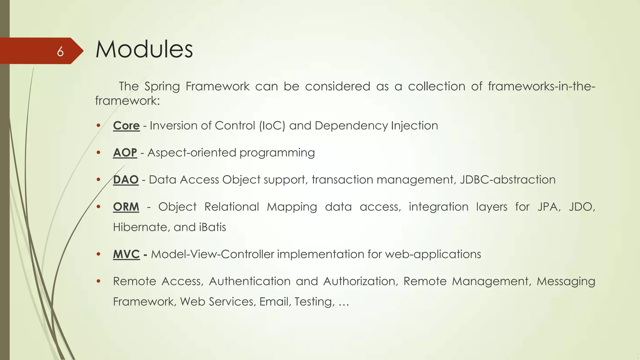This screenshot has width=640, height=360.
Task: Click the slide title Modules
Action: (144, 49)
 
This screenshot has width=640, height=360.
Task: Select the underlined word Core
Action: (126, 126)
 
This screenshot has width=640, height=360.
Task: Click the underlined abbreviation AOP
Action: (125, 153)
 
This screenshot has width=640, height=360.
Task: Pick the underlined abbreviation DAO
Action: (126, 180)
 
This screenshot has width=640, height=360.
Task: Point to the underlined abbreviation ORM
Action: (126, 207)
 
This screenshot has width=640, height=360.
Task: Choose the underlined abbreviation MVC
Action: (126, 254)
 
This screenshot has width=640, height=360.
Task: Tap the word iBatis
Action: (212, 227)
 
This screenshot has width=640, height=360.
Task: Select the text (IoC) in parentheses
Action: (272, 126)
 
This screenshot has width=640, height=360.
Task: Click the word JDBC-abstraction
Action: (507, 180)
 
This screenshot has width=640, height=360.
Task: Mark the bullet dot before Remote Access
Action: (98, 281)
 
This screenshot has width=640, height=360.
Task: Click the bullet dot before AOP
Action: (98, 152)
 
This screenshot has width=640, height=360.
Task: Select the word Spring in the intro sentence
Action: (162, 87)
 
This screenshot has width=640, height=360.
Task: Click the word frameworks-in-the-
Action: (541, 86)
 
